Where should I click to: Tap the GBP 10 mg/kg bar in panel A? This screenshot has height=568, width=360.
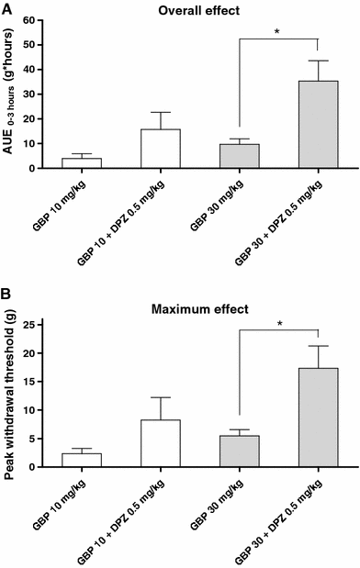tap(82, 163)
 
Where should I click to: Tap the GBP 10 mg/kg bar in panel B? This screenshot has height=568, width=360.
tap(82, 460)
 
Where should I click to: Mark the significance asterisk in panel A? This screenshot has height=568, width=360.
tap(277, 32)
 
